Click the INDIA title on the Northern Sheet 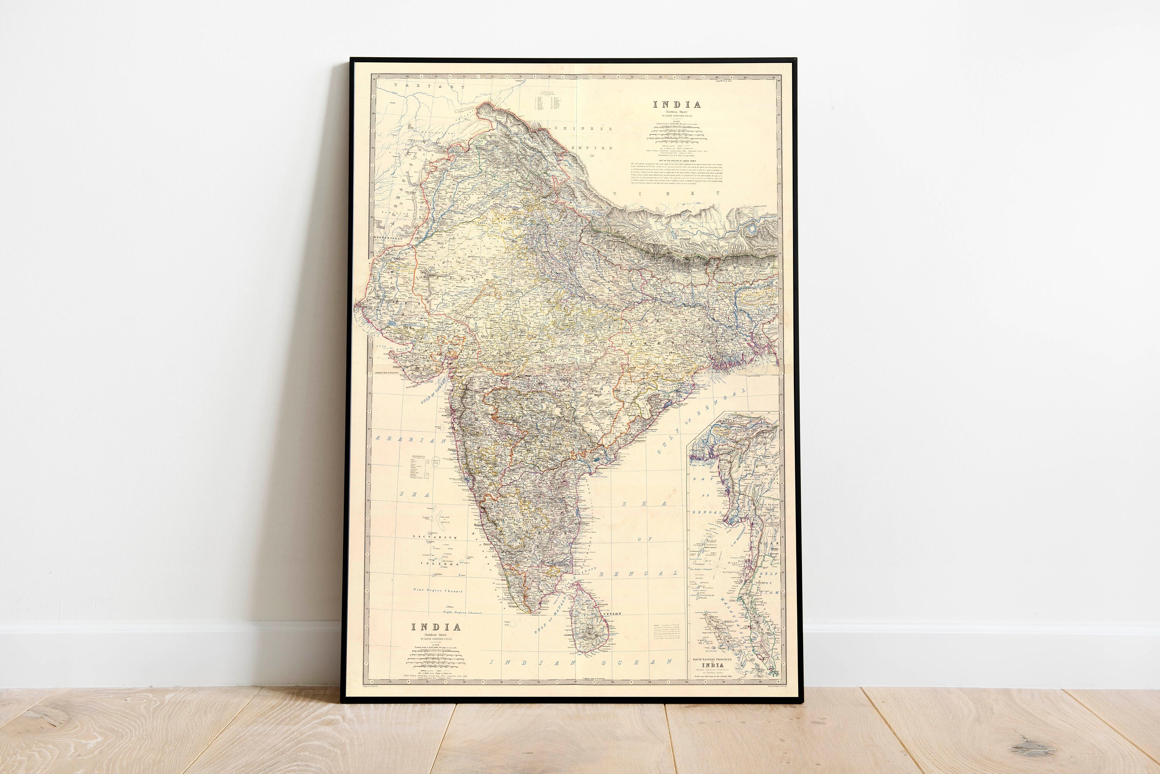677,105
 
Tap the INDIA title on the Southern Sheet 437,627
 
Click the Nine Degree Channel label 438,590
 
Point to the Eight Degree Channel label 462,612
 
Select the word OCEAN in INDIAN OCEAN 651,662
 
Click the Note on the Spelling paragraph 677,173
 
